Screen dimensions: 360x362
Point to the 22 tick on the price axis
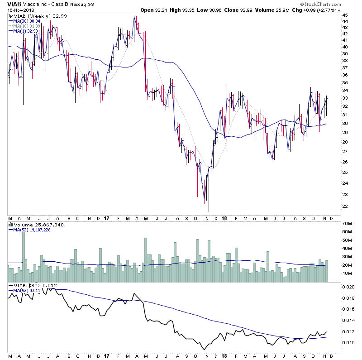[x=345, y=206]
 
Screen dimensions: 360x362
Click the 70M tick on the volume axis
[x=347, y=224]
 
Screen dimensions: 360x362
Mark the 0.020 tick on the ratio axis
[x=348, y=287]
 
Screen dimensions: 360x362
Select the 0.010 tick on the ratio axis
[x=348, y=342]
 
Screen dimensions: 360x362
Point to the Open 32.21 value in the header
[x=154, y=10]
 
